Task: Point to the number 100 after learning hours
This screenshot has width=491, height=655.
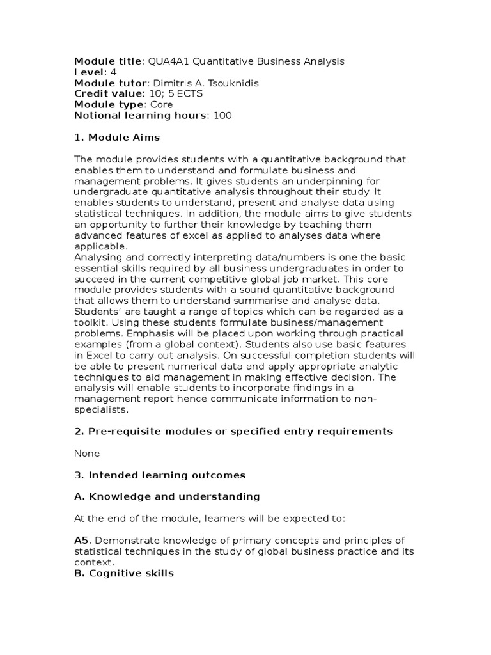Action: click(x=224, y=116)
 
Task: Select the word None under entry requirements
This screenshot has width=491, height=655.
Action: click(x=87, y=454)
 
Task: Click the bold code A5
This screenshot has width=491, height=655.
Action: click(x=82, y=541)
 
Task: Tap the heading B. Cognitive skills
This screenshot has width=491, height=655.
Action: click(x=124, y=573)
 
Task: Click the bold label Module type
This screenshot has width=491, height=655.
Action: click(x=109, y=105)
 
